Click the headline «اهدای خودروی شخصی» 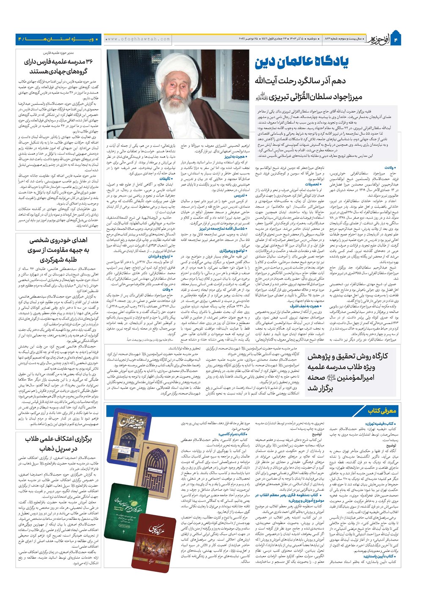pyautogui.click(x=58, y=240)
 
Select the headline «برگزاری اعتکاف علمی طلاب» pyautogui.click(x=58, y=439)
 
